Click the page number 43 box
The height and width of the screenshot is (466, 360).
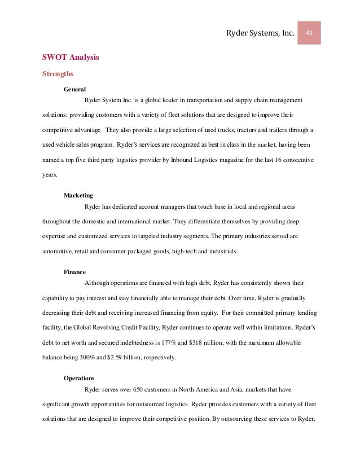(x=309, y=33)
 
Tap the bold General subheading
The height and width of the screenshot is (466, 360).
(x=74, y=89)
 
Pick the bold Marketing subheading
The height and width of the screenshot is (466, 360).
(x=78, y=195)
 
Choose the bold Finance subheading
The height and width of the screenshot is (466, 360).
(x=74, y=271)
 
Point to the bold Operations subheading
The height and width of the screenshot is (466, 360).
(x=79, y=378)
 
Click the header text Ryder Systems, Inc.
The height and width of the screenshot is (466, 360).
(x=260, y=34)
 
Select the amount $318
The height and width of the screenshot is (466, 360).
(x=209, y=343)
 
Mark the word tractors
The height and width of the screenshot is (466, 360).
(x=236, y=130)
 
